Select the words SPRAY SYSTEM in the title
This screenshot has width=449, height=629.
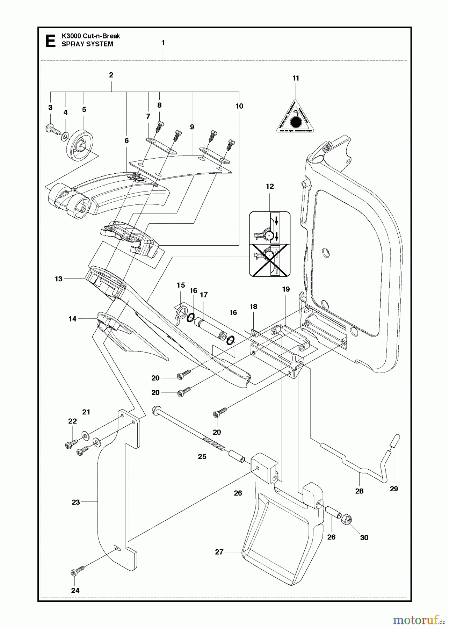pyautogui.click(x=87, y=44)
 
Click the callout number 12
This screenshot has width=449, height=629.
pyautogui.click(x=270, y=186)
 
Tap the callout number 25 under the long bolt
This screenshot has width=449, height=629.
pyautogui.click(x=202, y=456)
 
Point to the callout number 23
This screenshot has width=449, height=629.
pyautogui.click(x=76, y=502)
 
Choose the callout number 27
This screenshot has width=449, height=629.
pyautogui.click(x=219, y=552)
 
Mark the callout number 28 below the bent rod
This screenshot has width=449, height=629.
pyautogui.click(x=359, y=491)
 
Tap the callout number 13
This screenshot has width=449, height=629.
pyautogui.click(x=58, y=279)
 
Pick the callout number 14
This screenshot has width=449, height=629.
pyautogui.click(x=72, y=319)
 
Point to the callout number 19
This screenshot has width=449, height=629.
pyautogui.click(x=286, y=289)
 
